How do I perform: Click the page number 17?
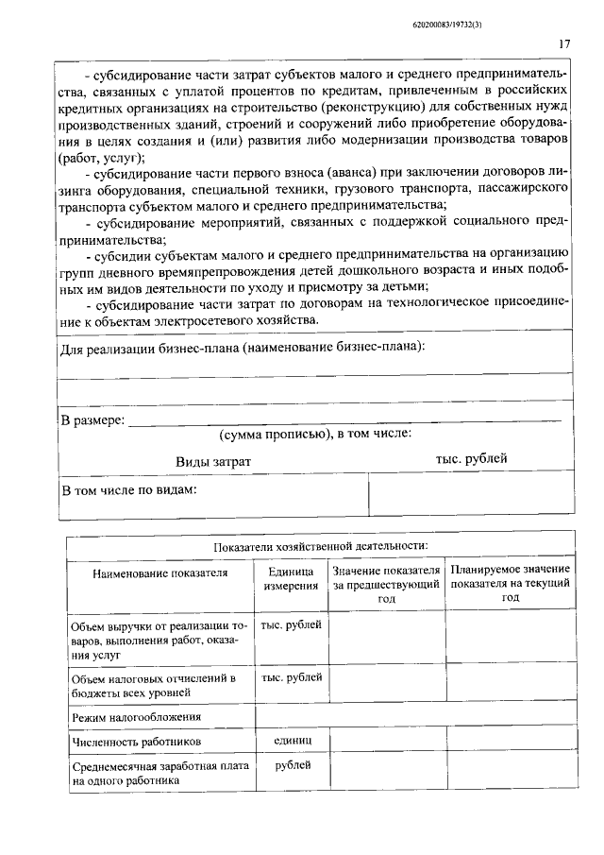point(564,43)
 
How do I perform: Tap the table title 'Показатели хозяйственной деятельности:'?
point(320,545)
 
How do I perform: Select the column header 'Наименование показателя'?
point(160,572)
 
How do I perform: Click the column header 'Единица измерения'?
point(291,578)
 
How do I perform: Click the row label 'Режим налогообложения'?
point(130,717)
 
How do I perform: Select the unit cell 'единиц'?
point(291,741)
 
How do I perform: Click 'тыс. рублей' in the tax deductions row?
point(291,676)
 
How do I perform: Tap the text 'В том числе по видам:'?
point(128,490)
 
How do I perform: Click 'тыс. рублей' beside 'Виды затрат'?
point(471,458)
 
